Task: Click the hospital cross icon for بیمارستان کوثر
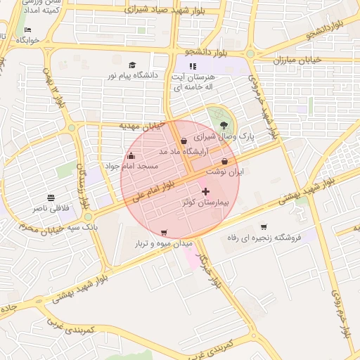[205, 191]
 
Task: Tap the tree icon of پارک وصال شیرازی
[224, 125]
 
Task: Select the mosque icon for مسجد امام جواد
[131, 155]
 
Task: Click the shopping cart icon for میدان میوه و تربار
[164, 233]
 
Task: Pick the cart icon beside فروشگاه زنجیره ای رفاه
[264, 226]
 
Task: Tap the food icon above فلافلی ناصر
[51, 198]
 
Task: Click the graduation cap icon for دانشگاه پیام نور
[134, 65]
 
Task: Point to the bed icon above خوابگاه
[27, 30]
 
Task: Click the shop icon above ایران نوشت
[224, 161]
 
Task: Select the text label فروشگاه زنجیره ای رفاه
[264, 238]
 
